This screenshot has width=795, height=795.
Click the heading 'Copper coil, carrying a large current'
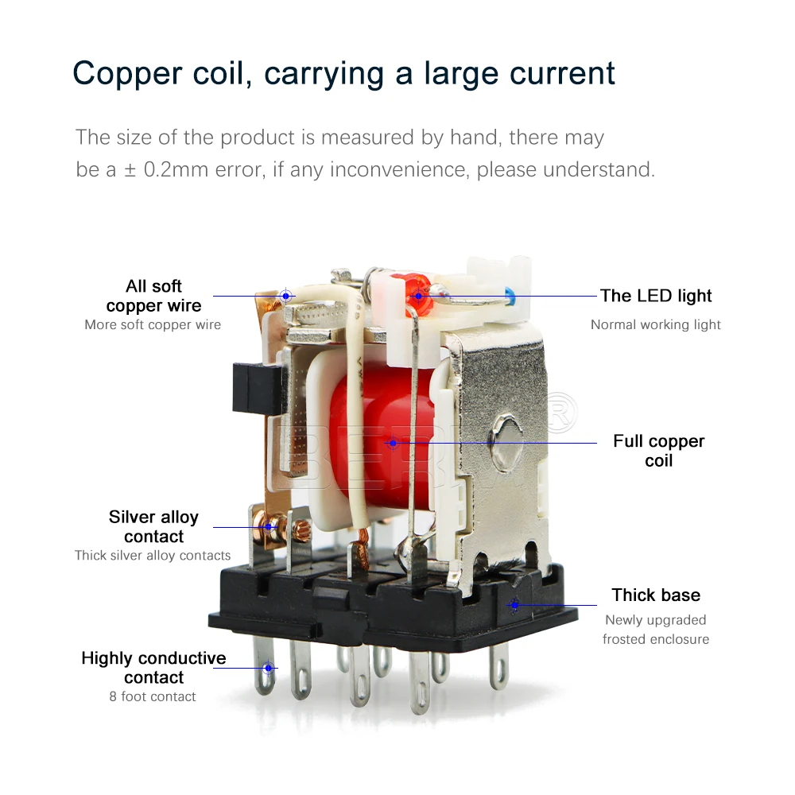coord(343,72)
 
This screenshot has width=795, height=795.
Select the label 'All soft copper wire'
coord(153,296)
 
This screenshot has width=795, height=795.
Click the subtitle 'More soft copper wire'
coord(153,324)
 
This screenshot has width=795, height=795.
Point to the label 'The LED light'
coord(656,296)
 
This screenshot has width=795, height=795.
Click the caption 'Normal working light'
coord(656,324)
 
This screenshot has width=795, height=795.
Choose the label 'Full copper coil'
coord(658,451)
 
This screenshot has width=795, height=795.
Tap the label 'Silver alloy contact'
coord(153,526)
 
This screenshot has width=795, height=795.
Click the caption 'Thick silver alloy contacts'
coord(153,556)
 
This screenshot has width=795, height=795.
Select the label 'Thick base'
coord(656,595)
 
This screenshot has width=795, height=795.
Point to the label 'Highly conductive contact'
coord(153,668)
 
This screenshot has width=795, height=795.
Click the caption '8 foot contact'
coord(153,696)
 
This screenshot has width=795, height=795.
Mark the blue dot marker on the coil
coord(392,443)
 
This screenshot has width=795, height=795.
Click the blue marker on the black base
coord(514,605)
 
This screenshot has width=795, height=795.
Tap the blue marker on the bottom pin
coord(268,668)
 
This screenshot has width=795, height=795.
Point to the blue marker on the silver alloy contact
coord(270,526)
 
